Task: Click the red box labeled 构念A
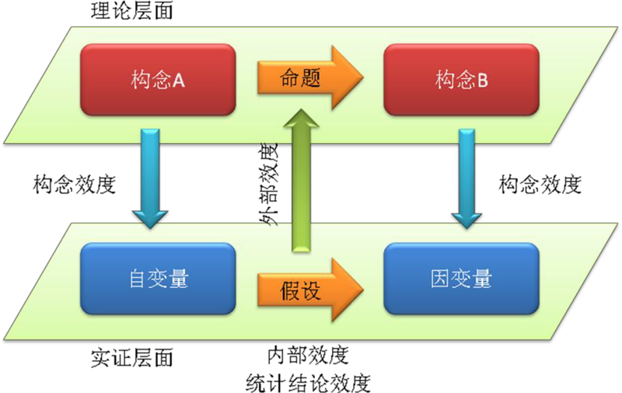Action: pyautogui.click(x=158, y=79)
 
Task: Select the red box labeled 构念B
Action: pyautogui.click(x=461, y=79)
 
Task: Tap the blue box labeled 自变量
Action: pyautogui.click(x=158, y=279)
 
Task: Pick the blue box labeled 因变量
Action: pyautogui.click(x=461, y=279)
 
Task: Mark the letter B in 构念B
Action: pyautogui.click(x=482, y=80)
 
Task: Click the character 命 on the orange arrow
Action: pyautogui.click(x=290, y=79)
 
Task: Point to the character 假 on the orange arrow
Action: pyautogui.click(x=290, y=291)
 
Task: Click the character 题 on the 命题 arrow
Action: pyautogui.click(x=310, y=79)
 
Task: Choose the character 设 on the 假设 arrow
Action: pyautogui.click(x=310, y=291)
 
